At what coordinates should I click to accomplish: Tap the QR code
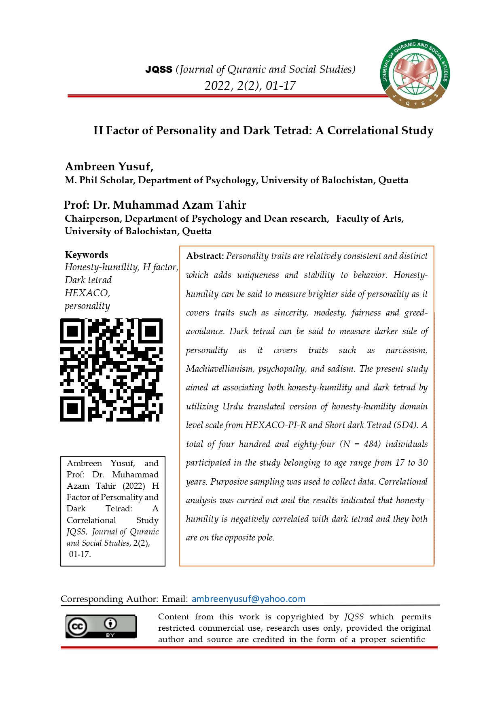coord(111,370)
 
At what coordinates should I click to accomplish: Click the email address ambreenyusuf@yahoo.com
coord(248,599)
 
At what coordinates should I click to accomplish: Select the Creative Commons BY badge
coord(101,627)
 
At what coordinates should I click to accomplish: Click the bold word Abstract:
coord(205,256)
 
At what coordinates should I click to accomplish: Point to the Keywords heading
coord(87,255)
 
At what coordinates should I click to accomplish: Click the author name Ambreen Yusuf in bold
coord(108,167)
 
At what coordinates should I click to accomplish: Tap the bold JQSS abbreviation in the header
coord(159,70)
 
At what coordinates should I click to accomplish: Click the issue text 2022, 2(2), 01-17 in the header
coord(250,86)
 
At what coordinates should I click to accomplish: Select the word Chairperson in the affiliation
coord(93,219)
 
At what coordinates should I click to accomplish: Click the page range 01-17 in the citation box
coord(80,554)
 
